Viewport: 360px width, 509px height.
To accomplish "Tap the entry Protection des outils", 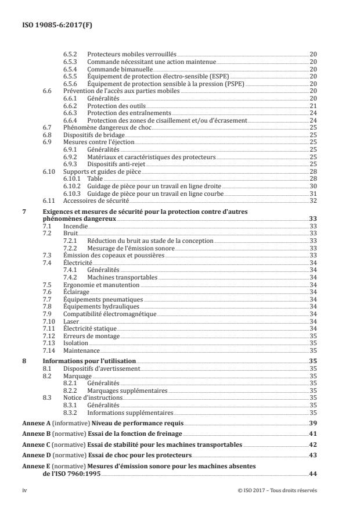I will pos(116,106).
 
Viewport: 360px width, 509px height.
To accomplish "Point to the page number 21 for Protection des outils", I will pos(313,106).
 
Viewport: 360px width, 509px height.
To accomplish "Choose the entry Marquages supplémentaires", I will pos(123,390).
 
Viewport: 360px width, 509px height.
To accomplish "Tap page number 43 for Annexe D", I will pos(313,456).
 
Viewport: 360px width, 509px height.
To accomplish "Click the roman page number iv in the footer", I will pos(24,491).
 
